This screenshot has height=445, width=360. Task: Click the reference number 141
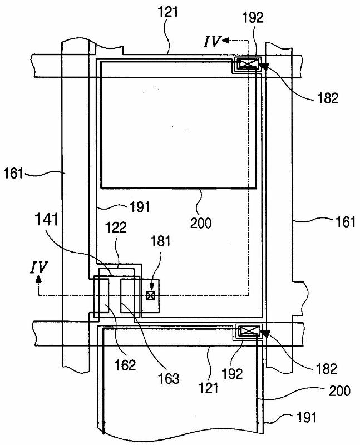[x=47, y=220]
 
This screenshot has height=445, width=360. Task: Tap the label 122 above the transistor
[x=116, y=228]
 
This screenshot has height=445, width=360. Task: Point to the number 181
[x=160, y=241]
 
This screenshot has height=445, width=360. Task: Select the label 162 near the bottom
[x=125, y=365]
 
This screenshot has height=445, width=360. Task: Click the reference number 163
[x=169, y=379]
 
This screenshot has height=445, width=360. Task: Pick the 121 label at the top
[x=168, y=12]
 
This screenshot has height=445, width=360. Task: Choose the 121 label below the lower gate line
[x=209, y=387]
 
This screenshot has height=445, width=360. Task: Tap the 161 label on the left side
[x=13, y=173]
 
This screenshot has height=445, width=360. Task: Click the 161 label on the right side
[x=345, y=221]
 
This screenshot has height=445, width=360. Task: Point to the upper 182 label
[x=328, y=98]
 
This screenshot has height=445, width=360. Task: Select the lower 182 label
[x=326, y=369]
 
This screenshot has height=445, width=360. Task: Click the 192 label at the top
[x=253, y=18]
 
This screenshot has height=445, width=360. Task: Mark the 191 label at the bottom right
[x=307, y=418]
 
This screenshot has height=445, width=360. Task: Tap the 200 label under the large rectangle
[x=201, y=223]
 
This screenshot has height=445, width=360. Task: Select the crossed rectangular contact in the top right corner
[x=249, y=64]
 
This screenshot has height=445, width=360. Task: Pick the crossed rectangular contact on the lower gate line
[x=249, y=331]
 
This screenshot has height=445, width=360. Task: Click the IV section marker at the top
[x=211, y=41]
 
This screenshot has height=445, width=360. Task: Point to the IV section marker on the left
[x=38, y=268]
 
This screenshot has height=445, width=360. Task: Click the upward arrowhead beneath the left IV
[x=38, y=280]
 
